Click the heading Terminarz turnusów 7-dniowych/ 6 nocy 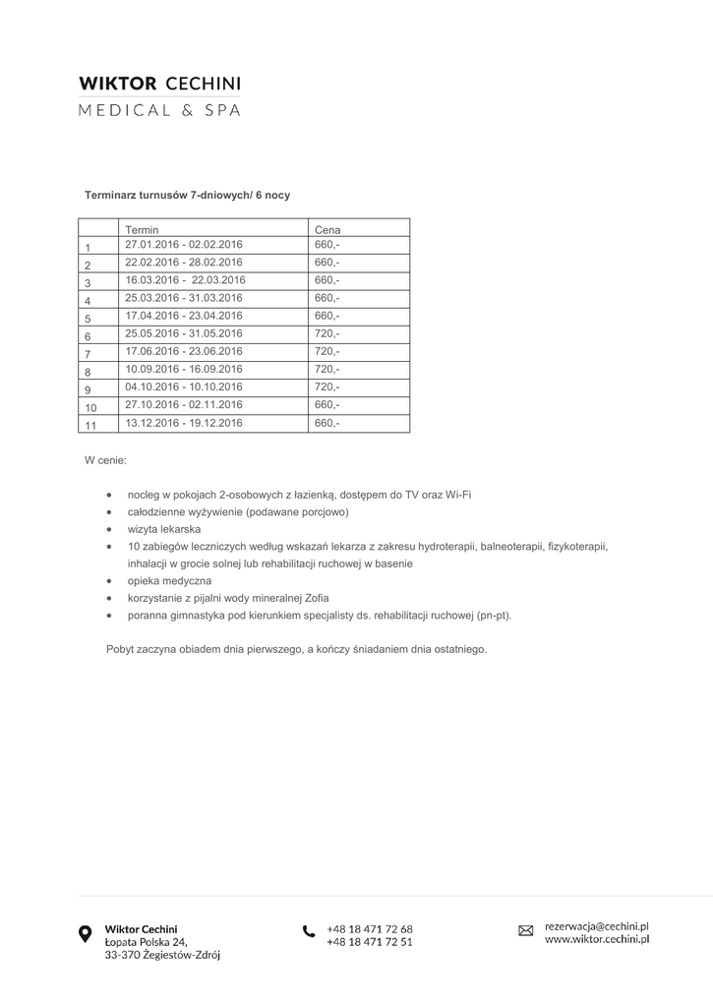point(187,196)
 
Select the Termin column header point(143,230)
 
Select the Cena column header point(327,230)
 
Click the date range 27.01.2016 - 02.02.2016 point(184,244)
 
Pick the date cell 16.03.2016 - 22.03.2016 point(185,280)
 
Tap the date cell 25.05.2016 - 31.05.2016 point(184,333)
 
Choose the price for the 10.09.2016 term point(327,369)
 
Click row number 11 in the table point(90,425)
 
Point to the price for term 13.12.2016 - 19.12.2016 point(327,423)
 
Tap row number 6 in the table point(88,336)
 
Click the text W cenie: point(105,459)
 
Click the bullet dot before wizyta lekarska point(109,529)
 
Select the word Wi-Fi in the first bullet point(457,495)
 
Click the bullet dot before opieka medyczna point(109,581)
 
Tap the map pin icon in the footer point(86,934)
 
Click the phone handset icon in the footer point(309,931)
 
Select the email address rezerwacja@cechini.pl point(597,925)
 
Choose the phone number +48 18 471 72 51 point(370,941)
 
